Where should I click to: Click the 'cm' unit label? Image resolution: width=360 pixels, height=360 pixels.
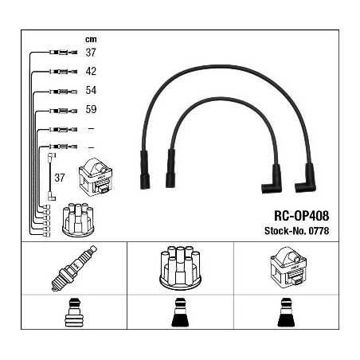click(91, 40)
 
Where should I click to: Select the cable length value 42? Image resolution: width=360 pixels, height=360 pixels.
click(91, 71)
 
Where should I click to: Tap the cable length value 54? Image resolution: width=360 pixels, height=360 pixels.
click(91, 90)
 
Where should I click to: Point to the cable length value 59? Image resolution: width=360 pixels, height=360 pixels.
click(91, 109)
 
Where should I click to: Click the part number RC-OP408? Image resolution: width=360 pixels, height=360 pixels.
click(301, 216)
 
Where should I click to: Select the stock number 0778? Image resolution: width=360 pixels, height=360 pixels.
click(319, 231)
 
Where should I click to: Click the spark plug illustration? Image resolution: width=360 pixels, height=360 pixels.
click(74, 268)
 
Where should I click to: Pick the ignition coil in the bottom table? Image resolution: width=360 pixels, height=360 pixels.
click(288, 268)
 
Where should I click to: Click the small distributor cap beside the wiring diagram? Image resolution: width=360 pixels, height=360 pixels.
click(78, 220)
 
